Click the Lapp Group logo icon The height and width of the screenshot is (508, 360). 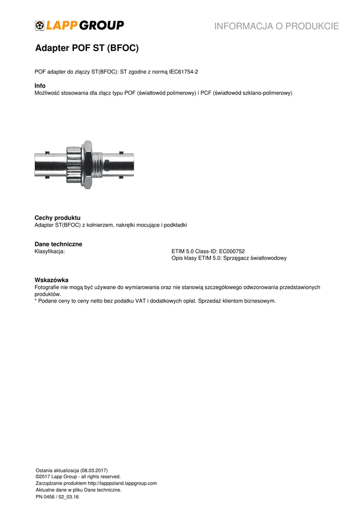coord(39,26)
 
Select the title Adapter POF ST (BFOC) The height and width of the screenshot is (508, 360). coord(86,49)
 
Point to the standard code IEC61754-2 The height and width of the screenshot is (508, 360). coord(184,72)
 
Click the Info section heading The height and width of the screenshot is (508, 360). coord(40,86)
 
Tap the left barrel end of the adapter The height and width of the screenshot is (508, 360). coord(48,164)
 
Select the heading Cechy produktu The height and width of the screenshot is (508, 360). coord(57,218)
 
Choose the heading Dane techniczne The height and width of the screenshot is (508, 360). coord(58,244)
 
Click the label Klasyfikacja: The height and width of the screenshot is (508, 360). coord(50,252)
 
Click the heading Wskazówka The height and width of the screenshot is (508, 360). coord(51,280)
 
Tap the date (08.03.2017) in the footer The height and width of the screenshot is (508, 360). coord(92,470)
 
